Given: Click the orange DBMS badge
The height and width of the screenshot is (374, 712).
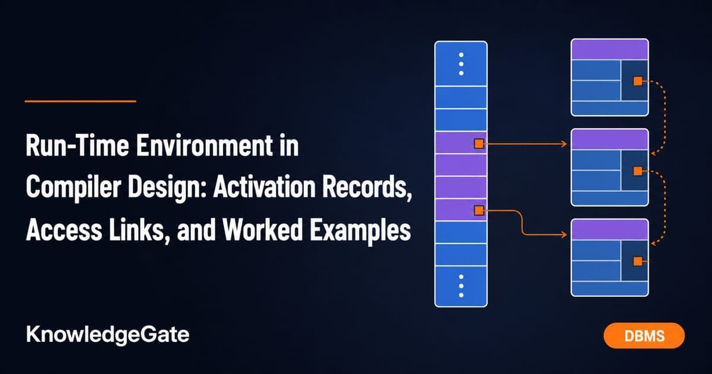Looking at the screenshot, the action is click(644, 335).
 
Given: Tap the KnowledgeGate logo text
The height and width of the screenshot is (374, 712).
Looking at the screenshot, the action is click(108, 335).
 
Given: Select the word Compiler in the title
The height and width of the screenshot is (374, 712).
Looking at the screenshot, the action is click(74, 188).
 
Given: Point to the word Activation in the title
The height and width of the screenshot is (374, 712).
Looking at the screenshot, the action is click(265, 187).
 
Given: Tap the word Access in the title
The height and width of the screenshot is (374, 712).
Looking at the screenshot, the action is click(64, 230).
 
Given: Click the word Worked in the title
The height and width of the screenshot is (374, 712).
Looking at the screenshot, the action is click(262, 230).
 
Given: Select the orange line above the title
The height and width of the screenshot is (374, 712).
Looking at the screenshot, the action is click(81, 101).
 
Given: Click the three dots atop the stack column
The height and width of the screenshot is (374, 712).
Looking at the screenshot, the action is click(461, 64).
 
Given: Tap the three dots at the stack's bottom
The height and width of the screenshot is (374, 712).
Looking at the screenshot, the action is click(461, 286).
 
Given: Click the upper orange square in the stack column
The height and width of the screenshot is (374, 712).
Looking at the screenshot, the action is click(479, 144).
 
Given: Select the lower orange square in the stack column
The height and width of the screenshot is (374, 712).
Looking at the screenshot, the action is click(479, 210).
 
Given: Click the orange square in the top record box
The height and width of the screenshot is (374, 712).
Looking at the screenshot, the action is click(638, 81).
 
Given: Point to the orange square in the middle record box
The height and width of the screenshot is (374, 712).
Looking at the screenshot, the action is click(638, 171).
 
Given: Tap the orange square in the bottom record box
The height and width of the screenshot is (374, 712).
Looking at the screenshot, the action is click(638, 261).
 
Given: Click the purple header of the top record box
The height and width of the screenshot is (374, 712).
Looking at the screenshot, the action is click(610, 50).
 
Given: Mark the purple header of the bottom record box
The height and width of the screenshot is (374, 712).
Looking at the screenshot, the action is click(610, 230).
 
